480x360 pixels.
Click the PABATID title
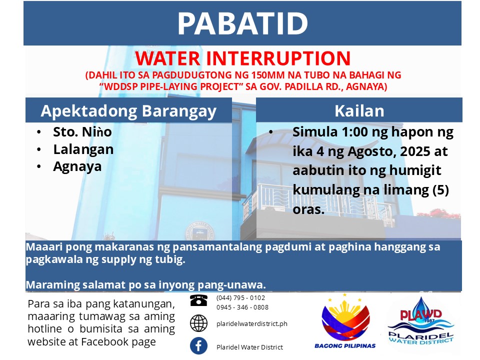tap(242, 23)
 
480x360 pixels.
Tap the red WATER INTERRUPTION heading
tap(243, 58)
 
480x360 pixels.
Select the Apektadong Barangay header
tap(128, 111)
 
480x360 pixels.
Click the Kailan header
tap(359, 111)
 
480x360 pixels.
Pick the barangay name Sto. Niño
tap(82, 132)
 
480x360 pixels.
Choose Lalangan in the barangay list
tap(83, 149)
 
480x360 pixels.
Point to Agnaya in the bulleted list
tap(77, 167)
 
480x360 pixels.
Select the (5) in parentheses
tap(440, 190)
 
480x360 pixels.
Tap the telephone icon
tap(198, 300)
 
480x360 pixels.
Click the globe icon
tap(198, 323)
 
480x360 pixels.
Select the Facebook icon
tap(198, 346)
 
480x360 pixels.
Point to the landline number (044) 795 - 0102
tap(240, 298)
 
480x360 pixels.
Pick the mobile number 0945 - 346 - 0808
tap(242, 307)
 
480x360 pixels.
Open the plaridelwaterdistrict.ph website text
tap(252, 324)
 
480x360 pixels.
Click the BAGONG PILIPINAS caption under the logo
tap(345, 346)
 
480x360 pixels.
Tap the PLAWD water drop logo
tap(421, 321)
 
